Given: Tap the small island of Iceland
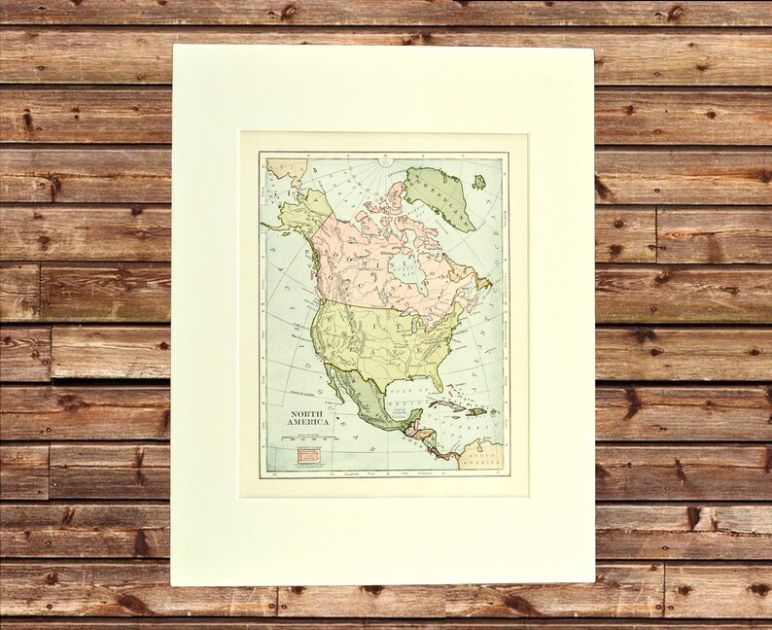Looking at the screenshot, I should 478,181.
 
